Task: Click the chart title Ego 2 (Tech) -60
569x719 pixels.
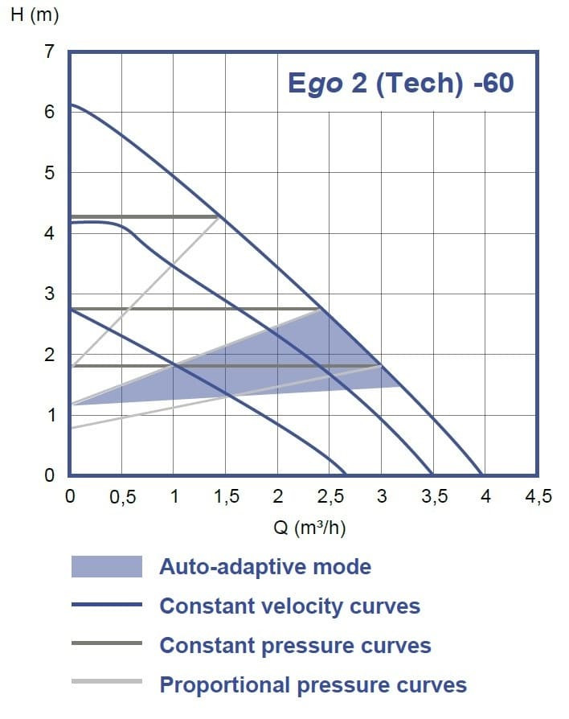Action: [400, 83]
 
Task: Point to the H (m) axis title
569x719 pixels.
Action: [34, 15]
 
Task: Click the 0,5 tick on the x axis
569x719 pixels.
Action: [121, 497]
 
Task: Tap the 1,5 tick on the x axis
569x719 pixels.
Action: [226, 497]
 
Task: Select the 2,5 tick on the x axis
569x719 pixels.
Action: [330, 497]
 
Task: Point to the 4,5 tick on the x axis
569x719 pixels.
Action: [538, 497]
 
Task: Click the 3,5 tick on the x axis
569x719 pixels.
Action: [434, 497]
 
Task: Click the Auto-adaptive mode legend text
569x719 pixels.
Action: [265, 567]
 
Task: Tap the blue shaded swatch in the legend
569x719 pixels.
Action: [106, 567]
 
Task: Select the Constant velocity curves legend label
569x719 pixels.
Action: [289, 606]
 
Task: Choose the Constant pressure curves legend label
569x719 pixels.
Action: [295, 645]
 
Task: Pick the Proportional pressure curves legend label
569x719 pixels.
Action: [313, 685]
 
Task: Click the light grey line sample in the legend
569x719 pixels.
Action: [106, 682]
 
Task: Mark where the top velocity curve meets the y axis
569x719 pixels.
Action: [70, 105]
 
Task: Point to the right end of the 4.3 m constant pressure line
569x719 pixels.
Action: [219, 216]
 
